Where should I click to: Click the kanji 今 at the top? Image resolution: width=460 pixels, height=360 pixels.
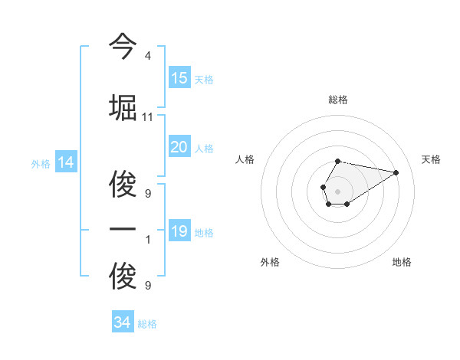[x=123, y=47]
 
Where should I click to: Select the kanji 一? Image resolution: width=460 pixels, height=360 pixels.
[x=123, y=231]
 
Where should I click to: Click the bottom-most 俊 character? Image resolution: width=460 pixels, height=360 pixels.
[x=123, y=277]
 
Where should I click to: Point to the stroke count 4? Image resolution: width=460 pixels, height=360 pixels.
[x=147, y=56]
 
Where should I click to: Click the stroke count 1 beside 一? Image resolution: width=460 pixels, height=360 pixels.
[x=147, y=241]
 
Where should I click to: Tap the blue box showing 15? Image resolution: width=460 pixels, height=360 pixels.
[x=179, y=78]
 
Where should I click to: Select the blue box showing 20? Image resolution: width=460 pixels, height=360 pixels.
[x=179, y=147]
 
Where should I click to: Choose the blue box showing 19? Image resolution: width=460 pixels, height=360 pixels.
[x=179, y=231]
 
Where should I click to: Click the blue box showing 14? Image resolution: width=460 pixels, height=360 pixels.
[x=66, y=162]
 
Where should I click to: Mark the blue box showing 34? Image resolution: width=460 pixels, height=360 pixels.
[x=123, y=322]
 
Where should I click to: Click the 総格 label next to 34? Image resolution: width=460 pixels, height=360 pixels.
[x=147, y=325]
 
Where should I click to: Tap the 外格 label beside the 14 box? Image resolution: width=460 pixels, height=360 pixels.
[x=41, y=164]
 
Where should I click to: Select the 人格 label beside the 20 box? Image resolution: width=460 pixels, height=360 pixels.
[x=204, y=149]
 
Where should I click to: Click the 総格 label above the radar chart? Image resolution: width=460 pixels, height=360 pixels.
[x=337, y=100]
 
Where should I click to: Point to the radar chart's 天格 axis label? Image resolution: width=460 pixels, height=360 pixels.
[x=431, y=159]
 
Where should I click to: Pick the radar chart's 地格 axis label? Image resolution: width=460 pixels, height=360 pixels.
[x=402, y=262]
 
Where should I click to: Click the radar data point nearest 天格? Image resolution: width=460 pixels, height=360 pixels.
[x=396, y=172]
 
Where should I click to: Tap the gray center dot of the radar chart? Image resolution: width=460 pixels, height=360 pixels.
[x=337, y=190]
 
